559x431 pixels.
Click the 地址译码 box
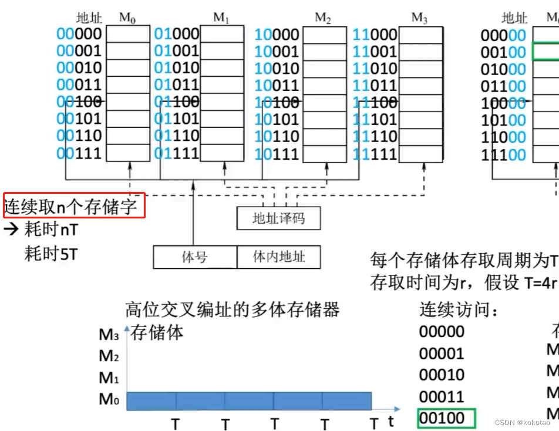pyautogui.click(x=278, y=218)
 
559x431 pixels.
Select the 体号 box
pyautogui.click(x=195, y=257)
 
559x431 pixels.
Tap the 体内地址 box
pyautogui.click(x=279, y=257)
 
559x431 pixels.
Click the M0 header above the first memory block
pyautogui.click(x=127, y=18)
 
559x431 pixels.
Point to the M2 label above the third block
pyautogui.click(x=322, y=18)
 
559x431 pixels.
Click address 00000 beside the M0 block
pyautogui.click(x=79, y=34)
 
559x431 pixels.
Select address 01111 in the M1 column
pyautogui.click(x=177, y=154)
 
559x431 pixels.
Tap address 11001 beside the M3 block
pyautogui.click(x=375, y=51)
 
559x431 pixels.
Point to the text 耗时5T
pyautogui.click(x=51, y=254)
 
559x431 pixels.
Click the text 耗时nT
pyautogui.click(x=51, y=230)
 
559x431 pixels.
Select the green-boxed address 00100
pyautogui.click(x=446, y=418)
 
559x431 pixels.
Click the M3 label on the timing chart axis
pyautogui.click(x=109, y=336)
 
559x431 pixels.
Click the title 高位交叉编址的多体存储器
pyautogui.click(x=233, y=309)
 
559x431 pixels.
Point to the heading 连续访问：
pyautogui.click(x=459, y=309)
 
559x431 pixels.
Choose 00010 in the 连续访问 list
pyautogui.click(x=442, y=375)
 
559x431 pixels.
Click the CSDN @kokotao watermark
pyautogui.click(x=522, y=422)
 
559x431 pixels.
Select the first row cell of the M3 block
pyautogui.click(x=419, y=34)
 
